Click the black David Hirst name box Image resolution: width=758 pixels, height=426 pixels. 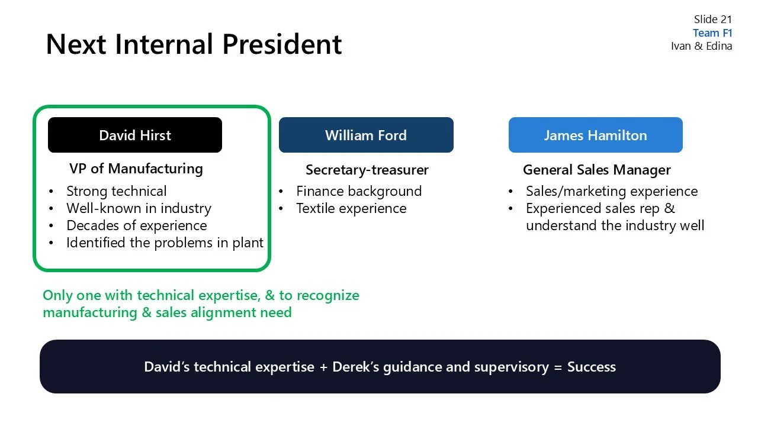pyautogui.click(x=135, y=135)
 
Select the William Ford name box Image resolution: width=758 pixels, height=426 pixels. pyautogui.click(x=366, y=135)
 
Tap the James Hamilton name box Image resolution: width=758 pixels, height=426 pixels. pyautogui.click(x=595, y=135)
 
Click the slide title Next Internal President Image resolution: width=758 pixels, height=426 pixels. pyautogui.click(x=194, y=44)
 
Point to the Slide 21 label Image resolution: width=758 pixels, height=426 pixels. pyautogui.click(x=713, y=20)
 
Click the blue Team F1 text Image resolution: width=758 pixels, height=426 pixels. pyautogui.click(x=712, y=33)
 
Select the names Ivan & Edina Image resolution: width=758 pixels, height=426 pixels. pyautogui.click(x=701, y=46)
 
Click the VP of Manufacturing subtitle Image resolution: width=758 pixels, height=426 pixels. pyautogui.click(x=136, y=169)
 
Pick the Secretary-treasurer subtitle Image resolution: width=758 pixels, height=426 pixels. pyautogui.click(x=367, y=170)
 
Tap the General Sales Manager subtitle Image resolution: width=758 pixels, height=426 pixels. pyautogui.click(x=596, y=170)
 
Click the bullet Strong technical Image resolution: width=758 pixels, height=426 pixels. pyautogui.click(x=117, y=191)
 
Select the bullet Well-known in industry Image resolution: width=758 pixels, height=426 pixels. pyautogui.click(x=139, y=208)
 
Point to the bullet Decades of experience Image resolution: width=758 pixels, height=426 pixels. pyautogui.click(x=137, y=225)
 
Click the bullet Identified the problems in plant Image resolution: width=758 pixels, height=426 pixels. pyautogui.click(x=165, y=243)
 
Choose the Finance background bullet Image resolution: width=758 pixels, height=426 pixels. pyautogui.click(x=359, y=191)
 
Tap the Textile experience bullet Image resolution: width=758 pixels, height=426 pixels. pyautogui.click(x=351, y=208)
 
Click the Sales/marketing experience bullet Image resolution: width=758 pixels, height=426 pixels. pyautogui.click(x=612, y=191)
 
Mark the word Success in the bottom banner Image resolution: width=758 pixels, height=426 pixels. pyautogui.click(x=592, y=367)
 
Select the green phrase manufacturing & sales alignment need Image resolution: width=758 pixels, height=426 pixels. pyautogui.click(x=167, y=312)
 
